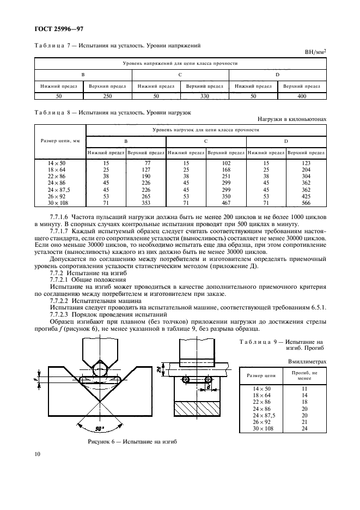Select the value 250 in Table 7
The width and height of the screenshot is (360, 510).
[x=108, y=96]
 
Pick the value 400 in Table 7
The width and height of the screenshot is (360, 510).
[x=301, y=96]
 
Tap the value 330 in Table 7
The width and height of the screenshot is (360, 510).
[x=204, y=96]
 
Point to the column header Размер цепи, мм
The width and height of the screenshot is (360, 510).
[x=60, y=141]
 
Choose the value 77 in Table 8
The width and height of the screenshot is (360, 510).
[x=146, y=163]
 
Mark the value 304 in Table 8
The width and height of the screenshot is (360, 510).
[x=306, y=175]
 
